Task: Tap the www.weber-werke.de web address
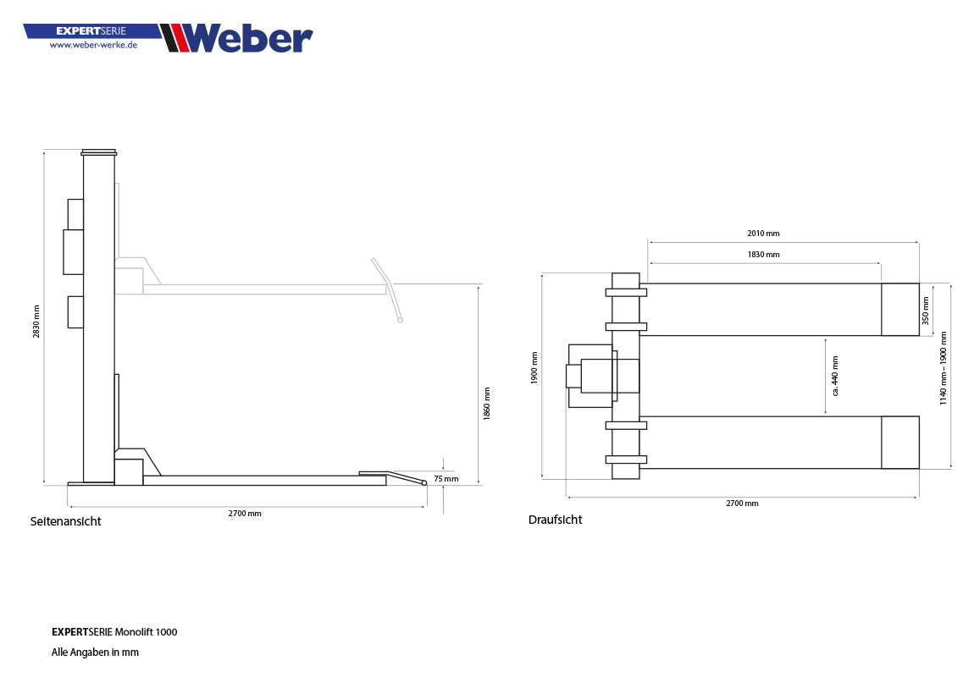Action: pyautogui.click(x=93, y=45)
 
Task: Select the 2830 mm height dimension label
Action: pyautogui.click(x=36, y=321)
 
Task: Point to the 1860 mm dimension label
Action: pyautogui.click(x=486, y=405)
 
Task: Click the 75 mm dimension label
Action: pyautogui.click(x=445, y=478)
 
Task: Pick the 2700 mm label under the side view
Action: pyautogui.click(x=244, y=514)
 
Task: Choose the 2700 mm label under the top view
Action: pyautogui.click(x=742, y=503)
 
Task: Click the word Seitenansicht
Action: pyautogui.click(x=65, y=521)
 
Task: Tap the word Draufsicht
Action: pyautogui.click(x=555, y=520)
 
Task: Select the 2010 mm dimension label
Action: pyautogui.click(x=763, y=233)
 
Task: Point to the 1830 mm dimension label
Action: pyautogui.click(x=763, y=254)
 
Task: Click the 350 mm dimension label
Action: pyautogui.click(x=926, y=310)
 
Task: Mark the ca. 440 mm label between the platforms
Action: pyautogui.click(x=834, y=376)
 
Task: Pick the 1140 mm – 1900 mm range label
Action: pyautogui.click(x=944, y=367)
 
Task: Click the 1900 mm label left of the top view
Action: pyautogui.click(x=534, y=368)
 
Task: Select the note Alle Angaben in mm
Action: pyautogui.click(x=95, y=652)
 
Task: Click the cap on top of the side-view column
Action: pyautogui.click(x=99, y=152)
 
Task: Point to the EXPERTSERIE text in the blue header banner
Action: pyautogui.click(x=91, y=30)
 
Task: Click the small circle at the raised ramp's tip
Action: pyautogui.click(x=401, y=320)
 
